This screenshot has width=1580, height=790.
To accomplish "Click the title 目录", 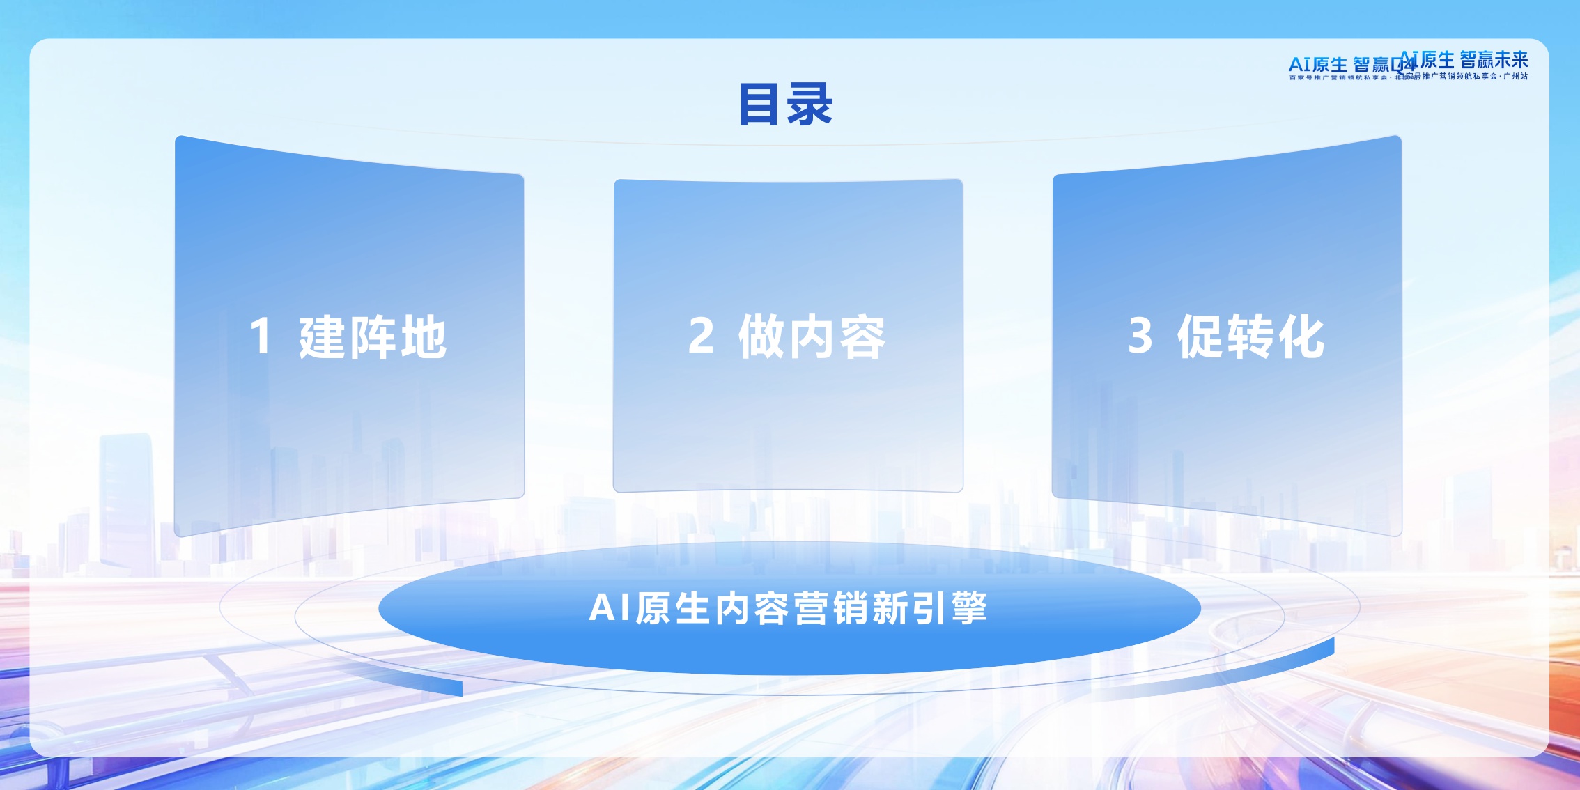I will (786, 104).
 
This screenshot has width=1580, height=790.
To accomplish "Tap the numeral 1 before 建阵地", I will (261, 336).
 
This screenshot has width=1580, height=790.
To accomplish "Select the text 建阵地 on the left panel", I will (373, 337).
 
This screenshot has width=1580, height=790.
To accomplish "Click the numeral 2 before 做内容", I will (701, 336).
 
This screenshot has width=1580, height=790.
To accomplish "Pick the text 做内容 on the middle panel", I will (812, 337).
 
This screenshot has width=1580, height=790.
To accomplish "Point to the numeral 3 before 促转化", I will (1140, 336).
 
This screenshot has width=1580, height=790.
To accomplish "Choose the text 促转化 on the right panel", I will (1251, 337).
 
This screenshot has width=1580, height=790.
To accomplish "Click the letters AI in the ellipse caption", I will (610, 607).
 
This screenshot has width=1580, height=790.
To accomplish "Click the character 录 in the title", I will (810, 104).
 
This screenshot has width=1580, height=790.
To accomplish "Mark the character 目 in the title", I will (759, 104).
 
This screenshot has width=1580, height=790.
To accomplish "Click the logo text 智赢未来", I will (1494, 60).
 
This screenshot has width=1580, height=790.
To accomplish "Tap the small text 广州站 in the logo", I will (1515, 77).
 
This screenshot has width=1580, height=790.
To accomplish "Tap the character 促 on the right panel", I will (1201, 337).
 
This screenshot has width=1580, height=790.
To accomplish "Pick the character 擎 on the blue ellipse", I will (969, 607).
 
